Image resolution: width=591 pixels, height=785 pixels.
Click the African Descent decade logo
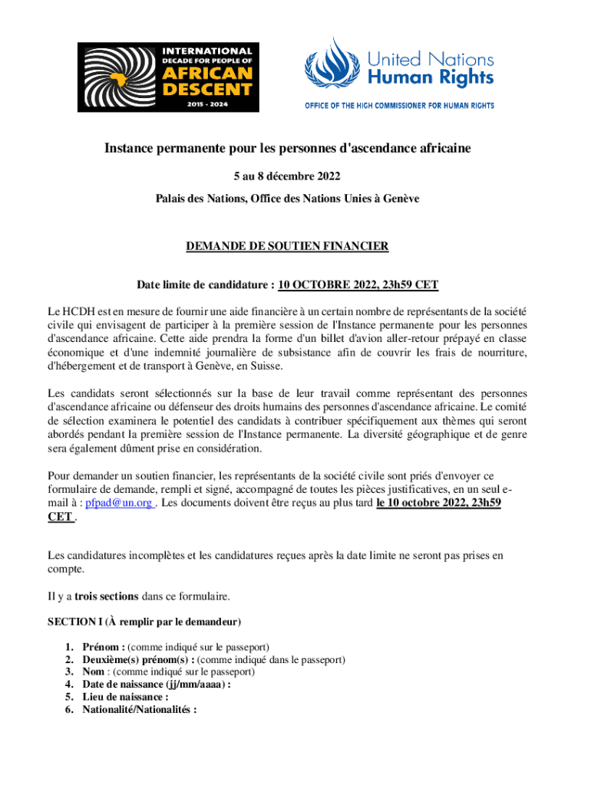pyautogui.click(x=168, y=77)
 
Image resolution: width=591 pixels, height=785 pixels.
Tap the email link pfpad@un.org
pyautogui.click(x=119, y=504)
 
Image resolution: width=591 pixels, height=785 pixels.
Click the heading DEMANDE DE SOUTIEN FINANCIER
pyautogui.click(x=288, y=246)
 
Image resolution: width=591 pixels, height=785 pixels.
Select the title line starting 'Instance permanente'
pyautogui.click(x=288, y=148)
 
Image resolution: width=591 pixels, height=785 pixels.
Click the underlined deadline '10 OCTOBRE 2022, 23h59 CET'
pyautogui.click(x=358, y=285)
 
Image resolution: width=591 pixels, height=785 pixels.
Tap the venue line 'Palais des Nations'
pyautogui.click(x=288, y=198)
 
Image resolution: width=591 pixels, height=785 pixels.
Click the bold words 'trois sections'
pyautogui.click(x=107, y=596)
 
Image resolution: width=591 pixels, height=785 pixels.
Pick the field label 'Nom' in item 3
pyautogui.click(x=93, y=672)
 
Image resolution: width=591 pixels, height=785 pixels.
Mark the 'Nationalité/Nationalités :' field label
pyautogui.click(x=139, y=710)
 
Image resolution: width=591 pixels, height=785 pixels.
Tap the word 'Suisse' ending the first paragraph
pyautogui.click(x=267, y=366)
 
